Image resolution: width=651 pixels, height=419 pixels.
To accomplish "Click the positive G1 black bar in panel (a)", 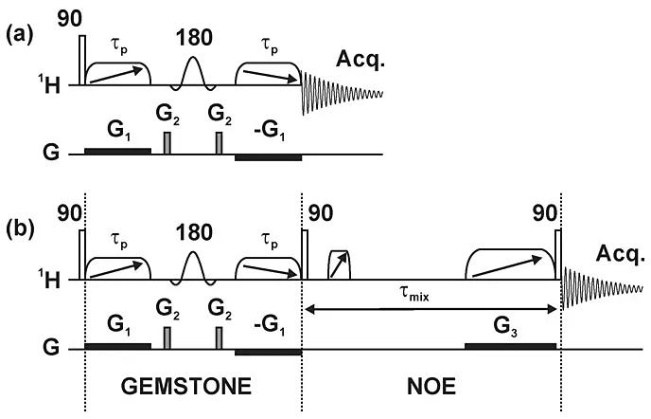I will pos(117,151).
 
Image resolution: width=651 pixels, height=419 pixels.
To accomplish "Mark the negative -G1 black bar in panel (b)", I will pos(268,351).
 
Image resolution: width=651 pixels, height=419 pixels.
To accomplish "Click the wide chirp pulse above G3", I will pos(510,263).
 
